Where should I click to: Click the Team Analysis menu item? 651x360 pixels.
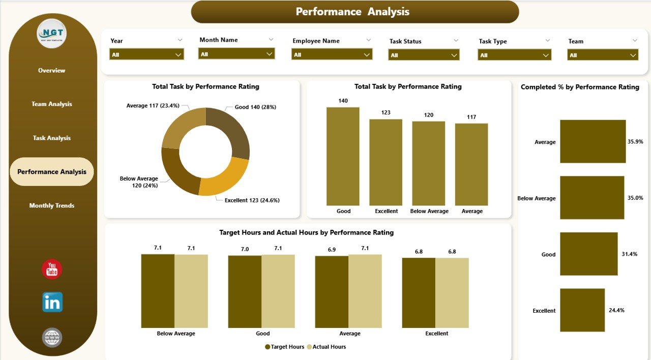click(52, 104)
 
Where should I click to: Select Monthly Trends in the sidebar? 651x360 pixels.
click(52, 206)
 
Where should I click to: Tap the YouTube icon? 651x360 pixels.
click(52, 269)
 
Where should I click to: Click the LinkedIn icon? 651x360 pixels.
click(52, 302)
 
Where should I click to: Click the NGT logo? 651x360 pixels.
click(52, 34)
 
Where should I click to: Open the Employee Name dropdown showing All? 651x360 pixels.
click(332, 54)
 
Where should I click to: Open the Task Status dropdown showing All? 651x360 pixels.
click(424, 55)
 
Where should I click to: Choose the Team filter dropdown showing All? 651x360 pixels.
click(603, 55)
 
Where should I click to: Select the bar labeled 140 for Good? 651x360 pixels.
click(343, 156)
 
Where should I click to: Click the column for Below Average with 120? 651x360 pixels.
click(428, 163)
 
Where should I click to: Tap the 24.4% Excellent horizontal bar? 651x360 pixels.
click(582, 310)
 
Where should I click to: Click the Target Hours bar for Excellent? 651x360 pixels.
click(419, 293)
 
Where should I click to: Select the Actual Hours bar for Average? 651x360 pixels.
click(365, 291)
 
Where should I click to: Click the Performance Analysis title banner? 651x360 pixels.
click(354, 12)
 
